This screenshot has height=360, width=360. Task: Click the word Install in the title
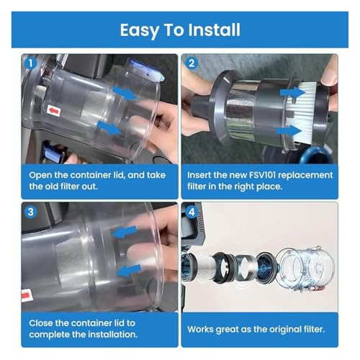pyautogui.click(x=214, y=30)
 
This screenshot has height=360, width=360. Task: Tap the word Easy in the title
pyautogui.click(x=140, y=31)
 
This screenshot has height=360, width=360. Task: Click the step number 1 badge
pyautogui.click(x=31, y=64)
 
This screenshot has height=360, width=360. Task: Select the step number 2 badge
pyautogui.click(x=192, y=64)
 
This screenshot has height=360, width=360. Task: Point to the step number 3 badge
pyautogui.click(x=31, y=212)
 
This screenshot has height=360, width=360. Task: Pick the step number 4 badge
pyautogui.click(x=192, y=212)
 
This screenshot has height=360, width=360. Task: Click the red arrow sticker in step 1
pyautogui.click(x=53, y=111)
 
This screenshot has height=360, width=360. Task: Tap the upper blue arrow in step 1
pyautogui.click(x=125, y=93)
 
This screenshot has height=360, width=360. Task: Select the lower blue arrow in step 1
pyautogui.click(x=109, y=127)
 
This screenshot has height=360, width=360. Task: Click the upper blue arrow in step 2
pyautogui.click(x=292, y=93)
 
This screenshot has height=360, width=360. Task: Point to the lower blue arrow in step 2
pyautogui.click(x=289, y=131)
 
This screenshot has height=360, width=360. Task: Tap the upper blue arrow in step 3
pyautogui.click(x=125, y=232)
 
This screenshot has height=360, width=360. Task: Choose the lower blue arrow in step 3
pyautogui.click(x=128, y=271)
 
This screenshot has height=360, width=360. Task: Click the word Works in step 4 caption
pyautogui.click(x=200, y=329)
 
